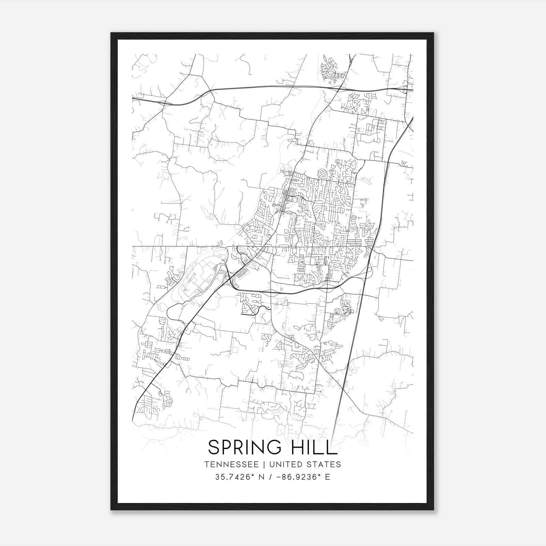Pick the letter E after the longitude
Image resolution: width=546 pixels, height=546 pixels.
point(328,477)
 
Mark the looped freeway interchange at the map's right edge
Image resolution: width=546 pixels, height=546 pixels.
point(405,90)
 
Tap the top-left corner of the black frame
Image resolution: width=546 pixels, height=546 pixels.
point(111,33)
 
